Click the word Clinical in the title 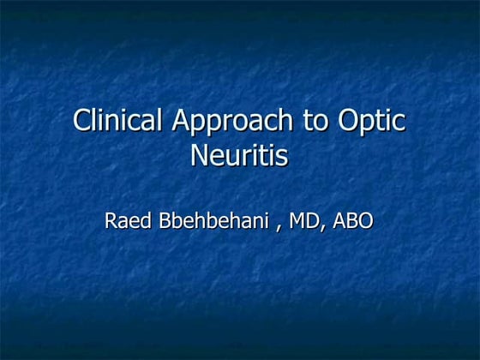119,120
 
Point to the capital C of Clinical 83,120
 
